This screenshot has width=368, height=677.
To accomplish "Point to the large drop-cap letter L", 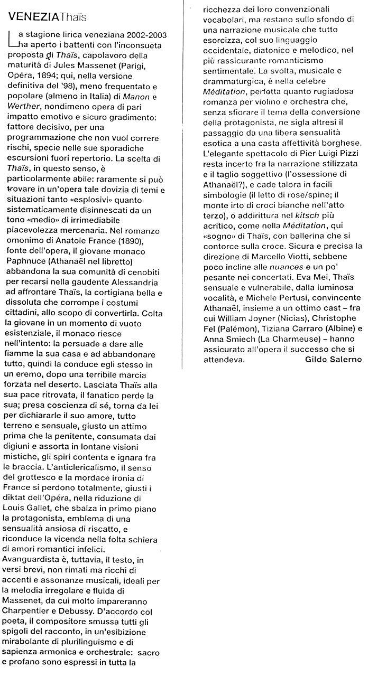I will [x=12, y=38].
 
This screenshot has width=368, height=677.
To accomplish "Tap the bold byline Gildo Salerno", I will [x=334, y=360].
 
